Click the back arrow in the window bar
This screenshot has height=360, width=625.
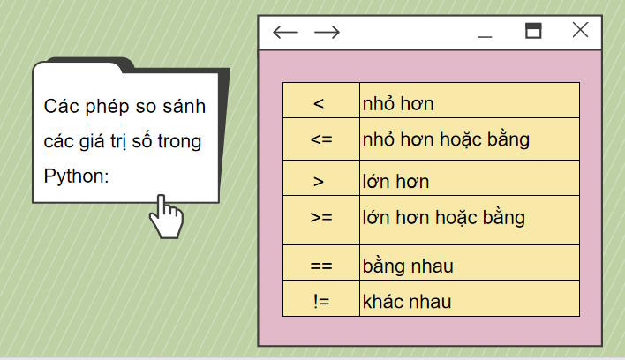(x=285, y=33)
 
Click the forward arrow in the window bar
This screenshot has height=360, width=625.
(x=327, y=33)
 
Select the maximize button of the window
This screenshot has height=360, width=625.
(x=533, y=31)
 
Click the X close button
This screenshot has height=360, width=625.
(x=580, y=30)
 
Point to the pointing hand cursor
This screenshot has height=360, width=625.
(x=165, y=217)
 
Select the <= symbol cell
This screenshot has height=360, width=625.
(x=320, y=139)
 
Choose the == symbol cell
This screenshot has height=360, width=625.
(x=320, y=264)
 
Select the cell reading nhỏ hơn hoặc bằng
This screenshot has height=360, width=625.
(x=469, y=139)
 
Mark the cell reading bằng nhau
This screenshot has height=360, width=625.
(x=469, y=264)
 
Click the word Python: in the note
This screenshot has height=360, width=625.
(x=76, y=176)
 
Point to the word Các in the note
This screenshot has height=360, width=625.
(x=60, y=107)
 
